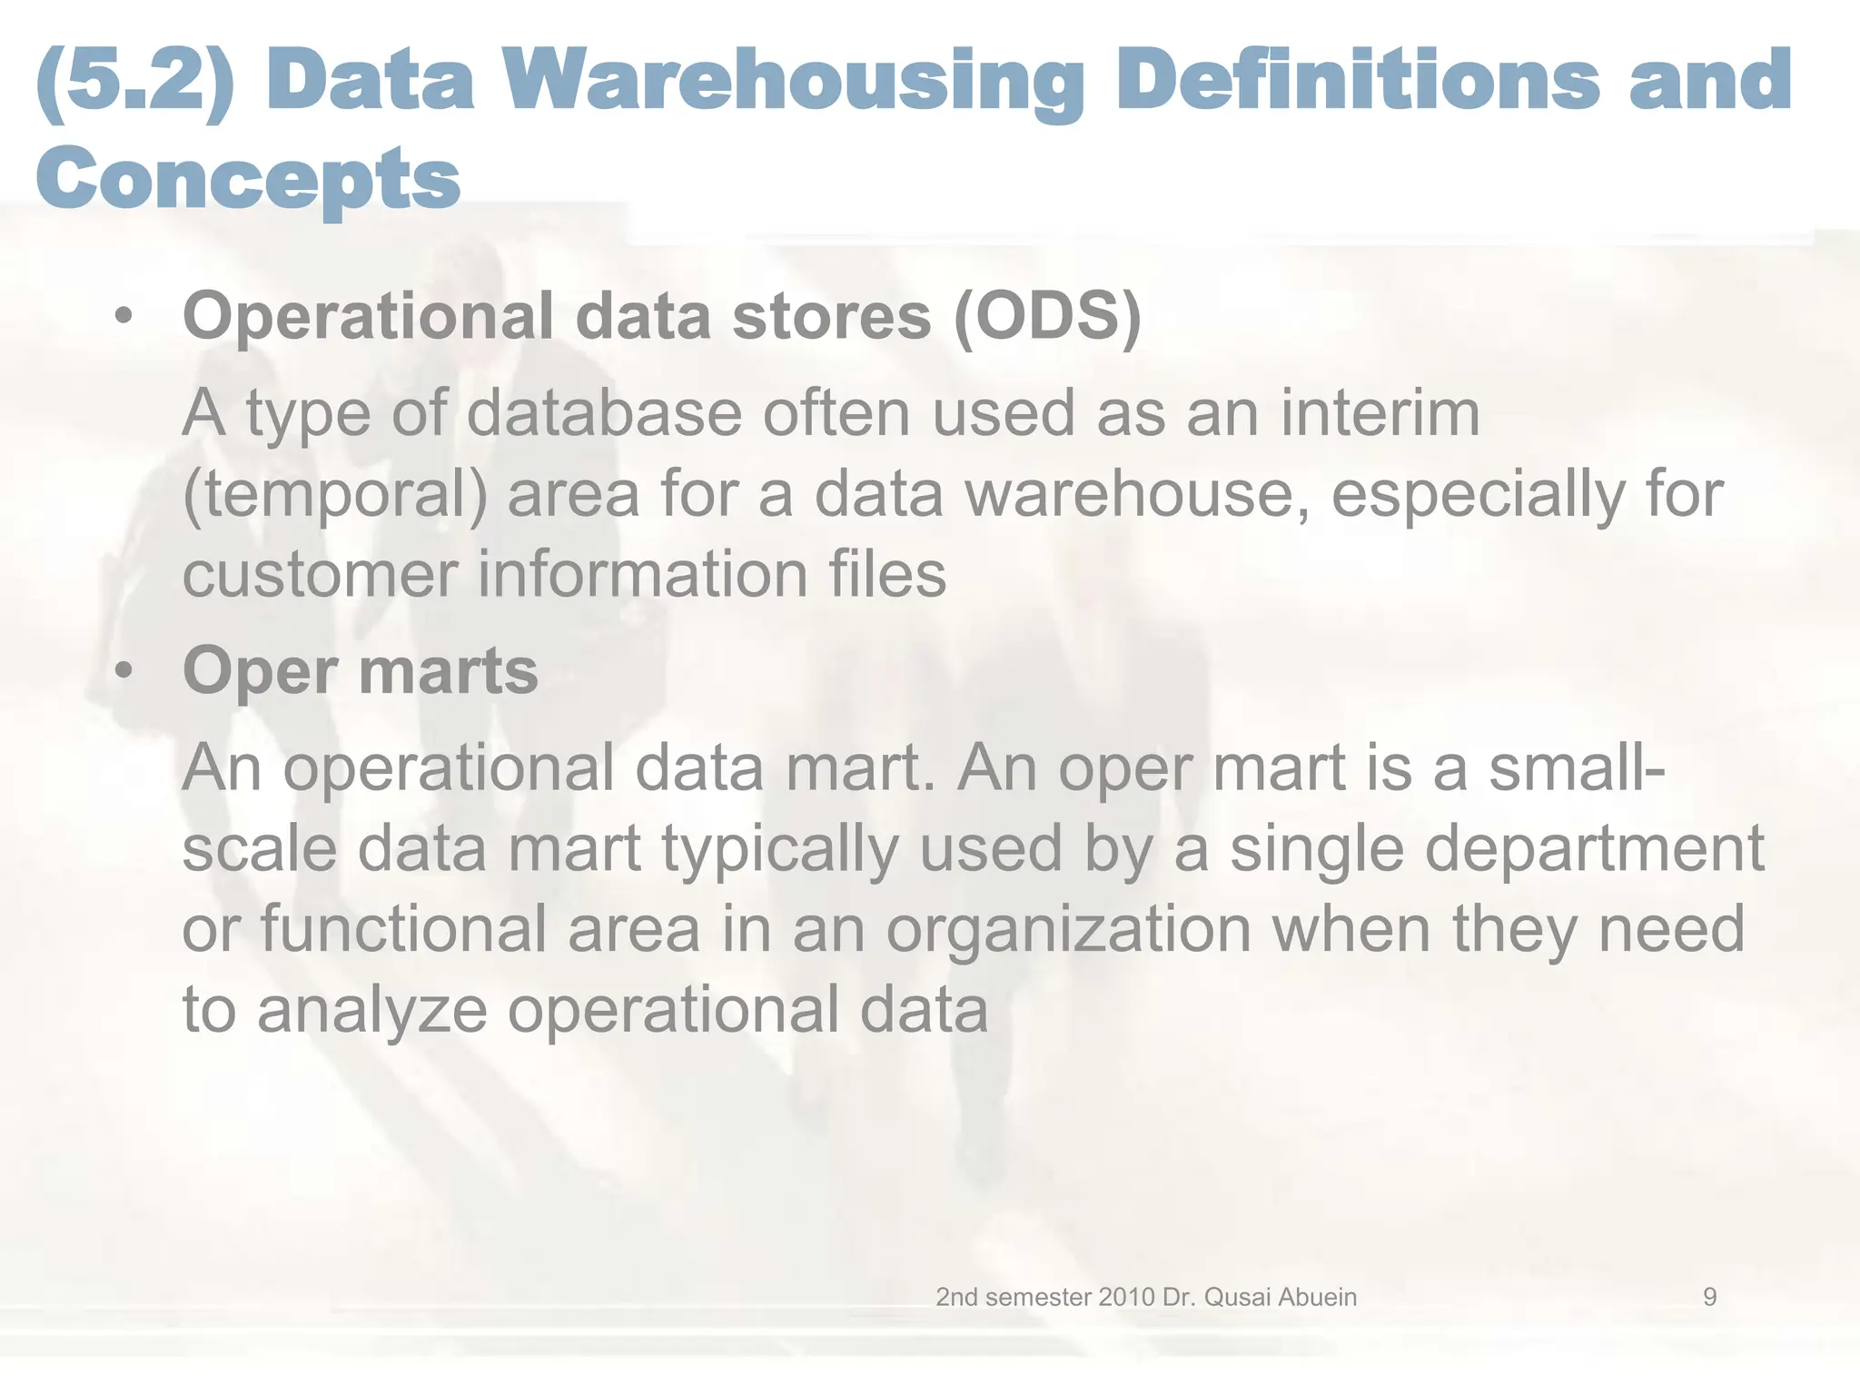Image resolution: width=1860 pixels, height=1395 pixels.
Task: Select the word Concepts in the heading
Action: (x=248, y=178)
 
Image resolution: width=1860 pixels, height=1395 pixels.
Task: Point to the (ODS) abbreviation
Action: (x=1047, y=316)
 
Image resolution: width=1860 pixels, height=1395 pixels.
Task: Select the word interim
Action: (x=1380, y=413)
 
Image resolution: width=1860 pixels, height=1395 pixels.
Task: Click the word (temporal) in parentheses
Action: (x=334, y=495)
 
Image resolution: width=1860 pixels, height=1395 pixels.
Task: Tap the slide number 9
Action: (x=1709, y=1297)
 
